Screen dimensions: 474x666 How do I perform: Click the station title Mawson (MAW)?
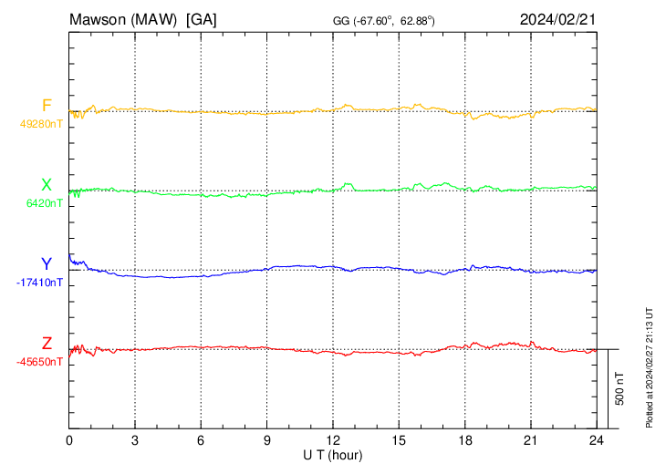pos(124,19)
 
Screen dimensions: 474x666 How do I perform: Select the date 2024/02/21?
pos(557,19)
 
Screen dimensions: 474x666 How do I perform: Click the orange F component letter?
pos(47,106)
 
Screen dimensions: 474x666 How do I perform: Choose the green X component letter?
pos(47,186)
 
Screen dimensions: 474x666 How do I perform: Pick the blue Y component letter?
pos(47,264)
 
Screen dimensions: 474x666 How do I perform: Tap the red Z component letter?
pos(47,344)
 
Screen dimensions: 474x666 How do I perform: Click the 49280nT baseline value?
pos(41,124)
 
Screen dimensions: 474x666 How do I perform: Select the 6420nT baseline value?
pos(45,203)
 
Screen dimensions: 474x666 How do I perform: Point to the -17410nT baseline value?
pos(39,283)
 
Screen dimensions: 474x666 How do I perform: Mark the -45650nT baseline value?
pos(39,362)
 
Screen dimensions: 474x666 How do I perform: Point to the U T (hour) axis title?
pos(333,454)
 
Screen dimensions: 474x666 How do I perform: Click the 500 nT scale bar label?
pos(620,388)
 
